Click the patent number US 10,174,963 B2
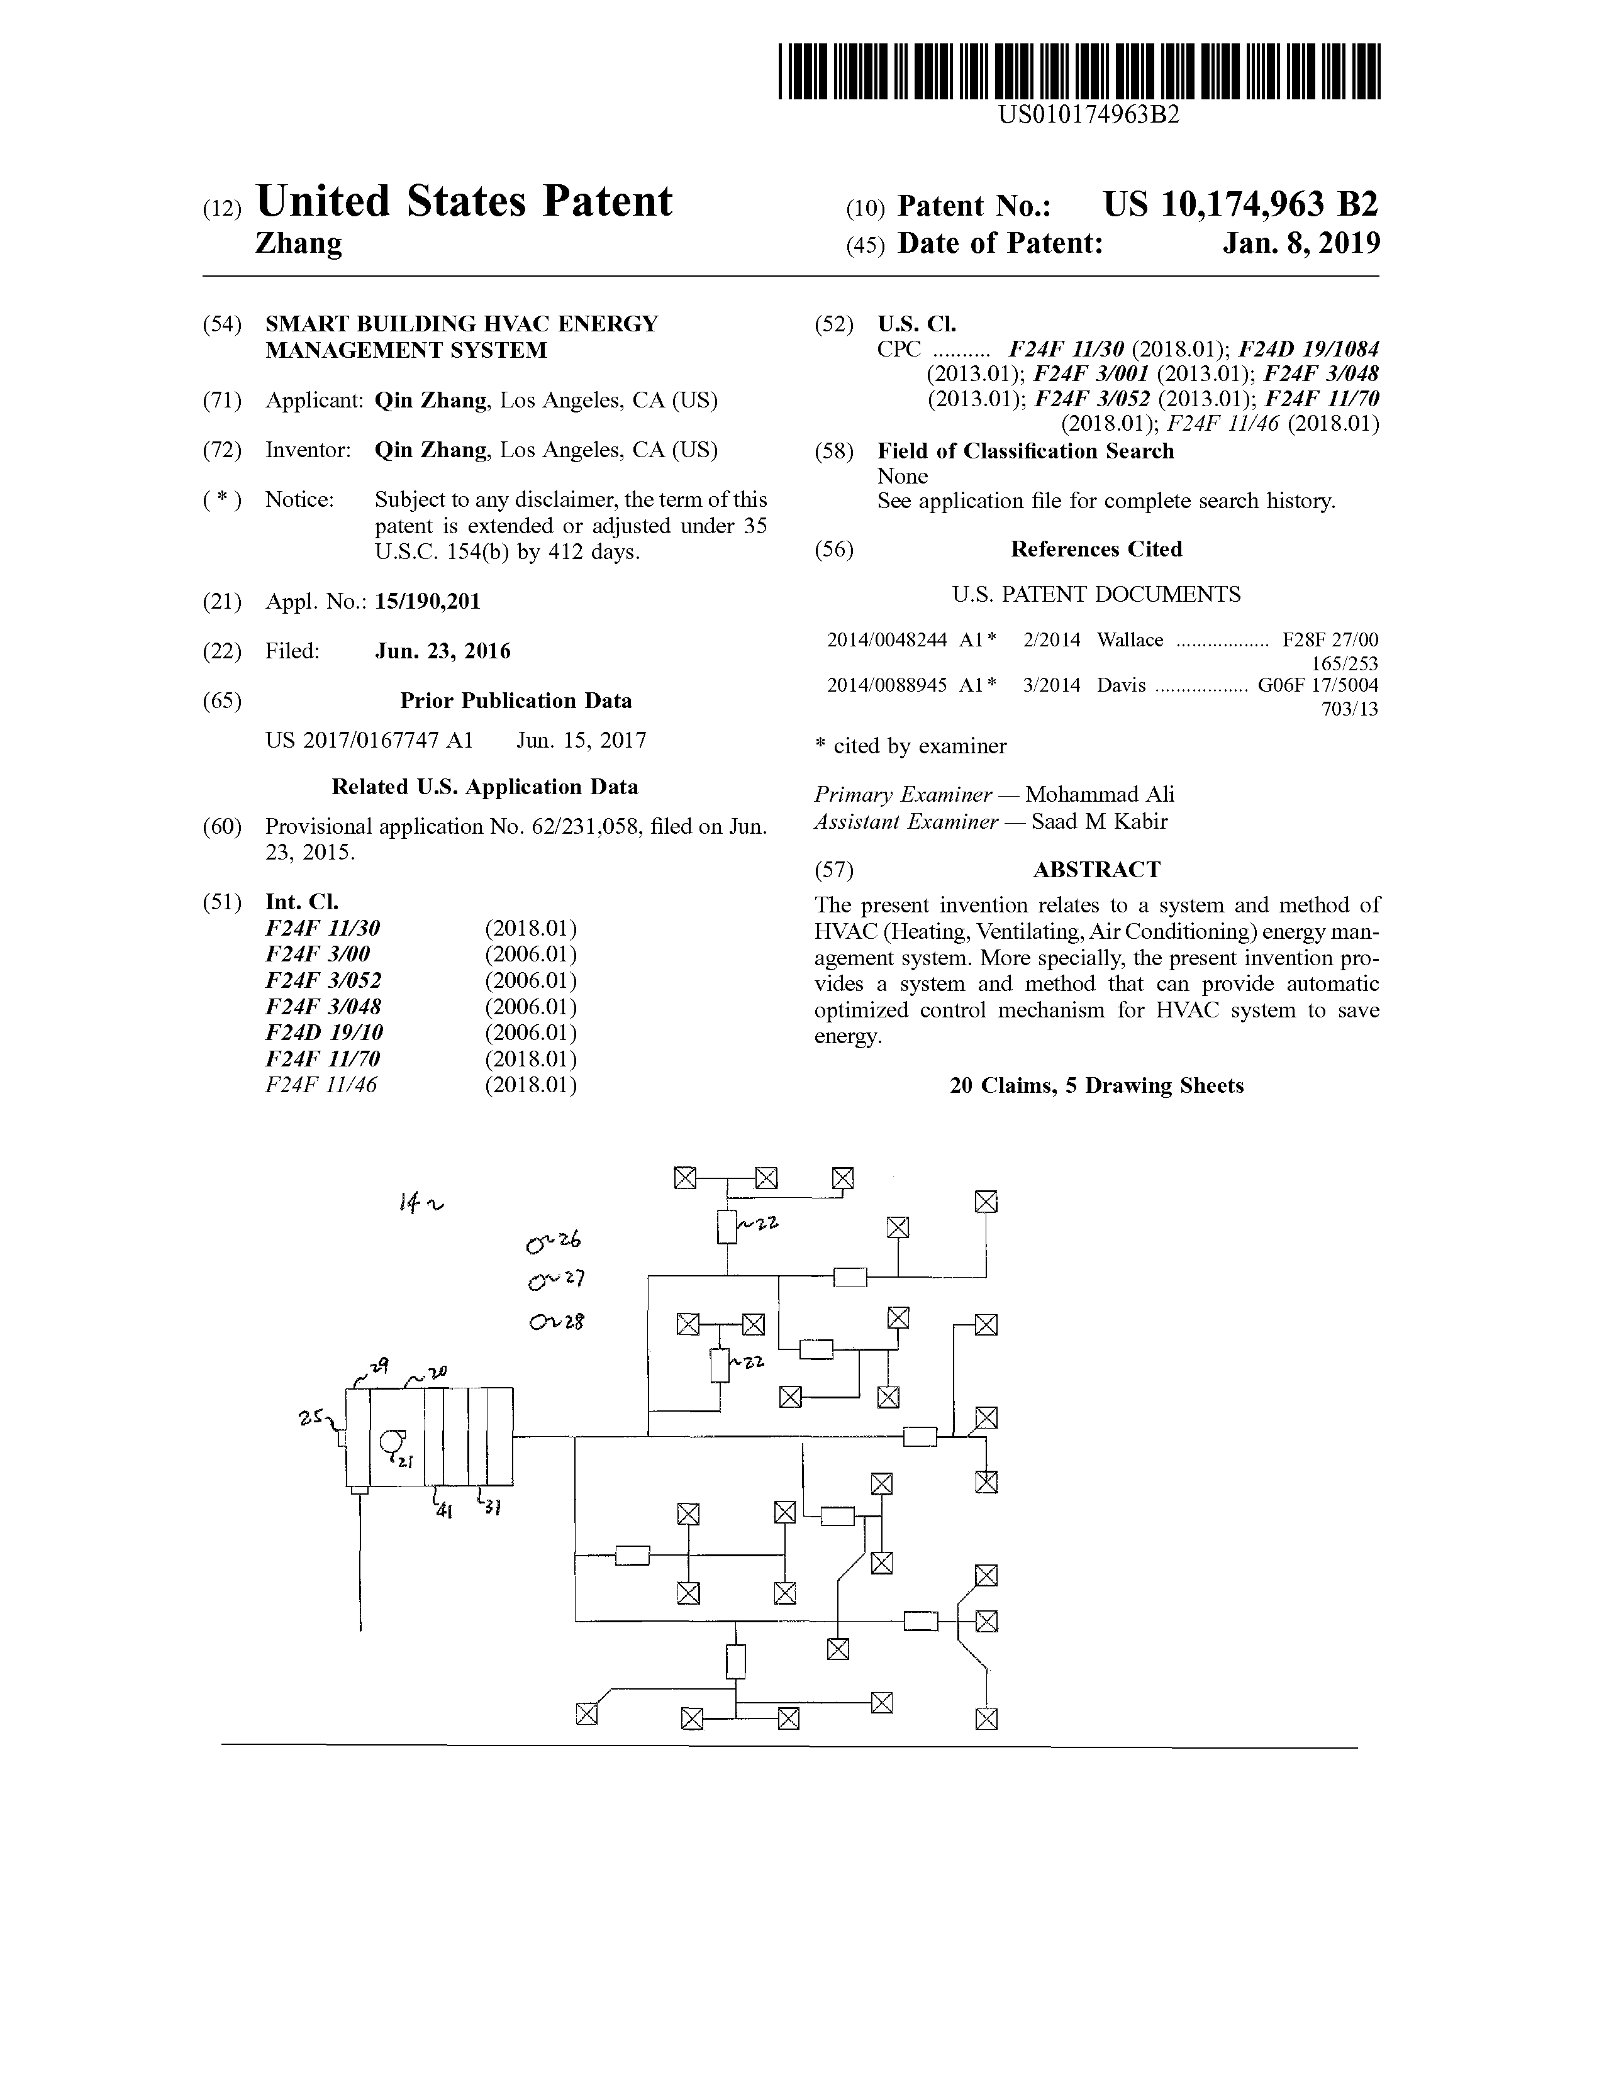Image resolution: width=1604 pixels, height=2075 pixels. tap(1240, 204)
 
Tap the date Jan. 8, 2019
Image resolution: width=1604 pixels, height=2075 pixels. tap(1301, 243)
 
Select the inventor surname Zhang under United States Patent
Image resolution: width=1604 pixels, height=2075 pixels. tap(299, 244)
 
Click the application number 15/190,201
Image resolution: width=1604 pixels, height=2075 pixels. tap(428, 601)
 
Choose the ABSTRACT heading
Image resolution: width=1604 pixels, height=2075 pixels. tap(1096, 870)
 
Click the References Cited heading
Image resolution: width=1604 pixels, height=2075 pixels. tap(1096, 549)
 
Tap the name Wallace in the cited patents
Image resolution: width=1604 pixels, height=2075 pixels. tap(1130, 639)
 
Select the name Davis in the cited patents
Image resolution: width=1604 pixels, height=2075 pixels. tap(1122, 685)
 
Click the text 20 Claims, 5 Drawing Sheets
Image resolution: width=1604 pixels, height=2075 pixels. tap(1096, 1086)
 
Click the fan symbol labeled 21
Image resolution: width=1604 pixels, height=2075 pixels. tap(391, 1442)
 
